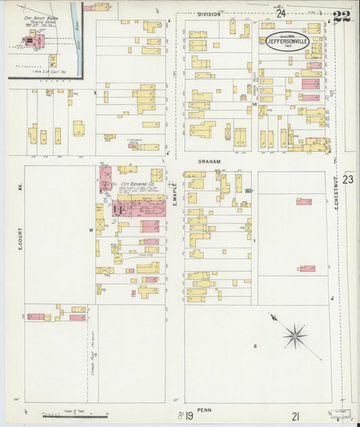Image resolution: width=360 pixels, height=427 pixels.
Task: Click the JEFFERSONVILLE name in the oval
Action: coord(289,41)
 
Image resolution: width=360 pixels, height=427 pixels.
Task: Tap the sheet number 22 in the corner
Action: coord(342,17)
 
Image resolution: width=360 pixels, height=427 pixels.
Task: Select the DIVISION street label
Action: coord(209,14)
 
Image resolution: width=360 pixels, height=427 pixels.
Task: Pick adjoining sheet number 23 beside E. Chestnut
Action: coord(348,180)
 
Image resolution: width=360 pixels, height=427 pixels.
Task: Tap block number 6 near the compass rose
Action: coord(255,347)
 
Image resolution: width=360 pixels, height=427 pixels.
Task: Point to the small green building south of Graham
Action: coord(248,191)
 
